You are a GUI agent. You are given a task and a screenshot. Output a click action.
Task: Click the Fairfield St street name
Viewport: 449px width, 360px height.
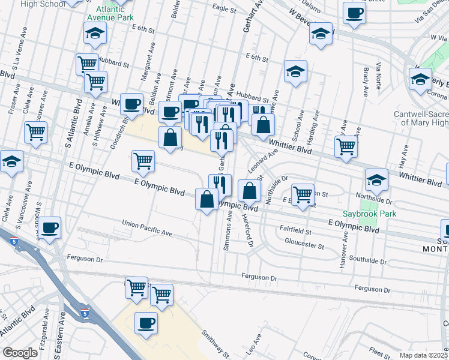[295, 230]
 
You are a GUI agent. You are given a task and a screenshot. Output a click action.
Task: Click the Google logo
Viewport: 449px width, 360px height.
[20, 353]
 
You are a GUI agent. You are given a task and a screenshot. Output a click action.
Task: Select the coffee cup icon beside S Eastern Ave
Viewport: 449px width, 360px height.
[51, 227]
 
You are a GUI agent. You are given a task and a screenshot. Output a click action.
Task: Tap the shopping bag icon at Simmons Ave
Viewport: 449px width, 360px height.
[206, 199]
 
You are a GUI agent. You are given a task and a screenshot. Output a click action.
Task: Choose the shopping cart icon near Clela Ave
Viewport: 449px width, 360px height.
[36, 132]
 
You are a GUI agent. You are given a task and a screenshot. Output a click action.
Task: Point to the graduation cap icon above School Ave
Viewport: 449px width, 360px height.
[295, 71]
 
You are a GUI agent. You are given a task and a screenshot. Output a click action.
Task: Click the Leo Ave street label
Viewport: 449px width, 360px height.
[250, 347]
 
